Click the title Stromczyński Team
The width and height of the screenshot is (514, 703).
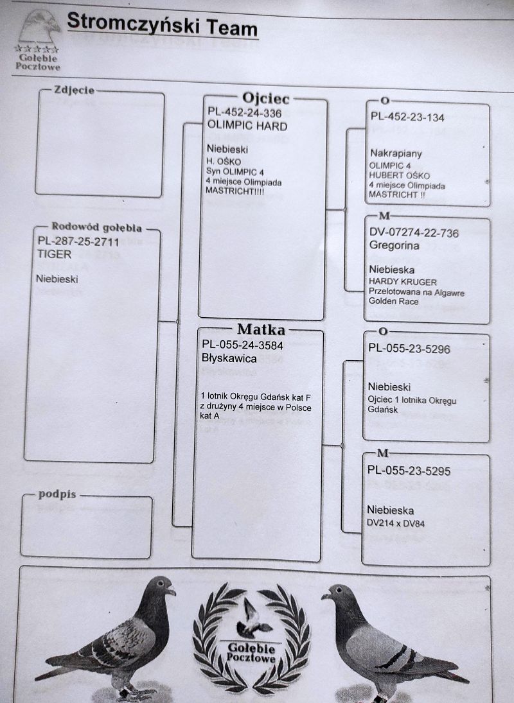163,24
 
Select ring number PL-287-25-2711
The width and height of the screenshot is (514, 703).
78,241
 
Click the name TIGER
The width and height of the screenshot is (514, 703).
54,254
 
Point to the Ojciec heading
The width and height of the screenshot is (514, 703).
265,98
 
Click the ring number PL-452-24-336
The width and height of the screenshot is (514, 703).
244,113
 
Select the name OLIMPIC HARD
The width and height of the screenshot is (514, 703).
247,126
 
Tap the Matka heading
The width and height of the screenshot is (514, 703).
261,329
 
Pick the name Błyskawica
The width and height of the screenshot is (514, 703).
229,358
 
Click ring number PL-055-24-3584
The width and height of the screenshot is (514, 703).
243,345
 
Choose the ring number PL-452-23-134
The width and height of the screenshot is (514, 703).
407,117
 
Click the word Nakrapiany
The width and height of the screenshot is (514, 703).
396,153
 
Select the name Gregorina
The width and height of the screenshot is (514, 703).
394,245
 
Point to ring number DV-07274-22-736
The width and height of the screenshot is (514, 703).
414,233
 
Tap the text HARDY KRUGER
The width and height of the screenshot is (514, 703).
403,282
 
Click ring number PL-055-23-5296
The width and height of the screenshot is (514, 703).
409,349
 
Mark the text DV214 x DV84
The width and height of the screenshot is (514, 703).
396,523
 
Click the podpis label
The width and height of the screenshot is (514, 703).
57,494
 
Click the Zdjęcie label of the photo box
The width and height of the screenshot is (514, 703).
75,90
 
